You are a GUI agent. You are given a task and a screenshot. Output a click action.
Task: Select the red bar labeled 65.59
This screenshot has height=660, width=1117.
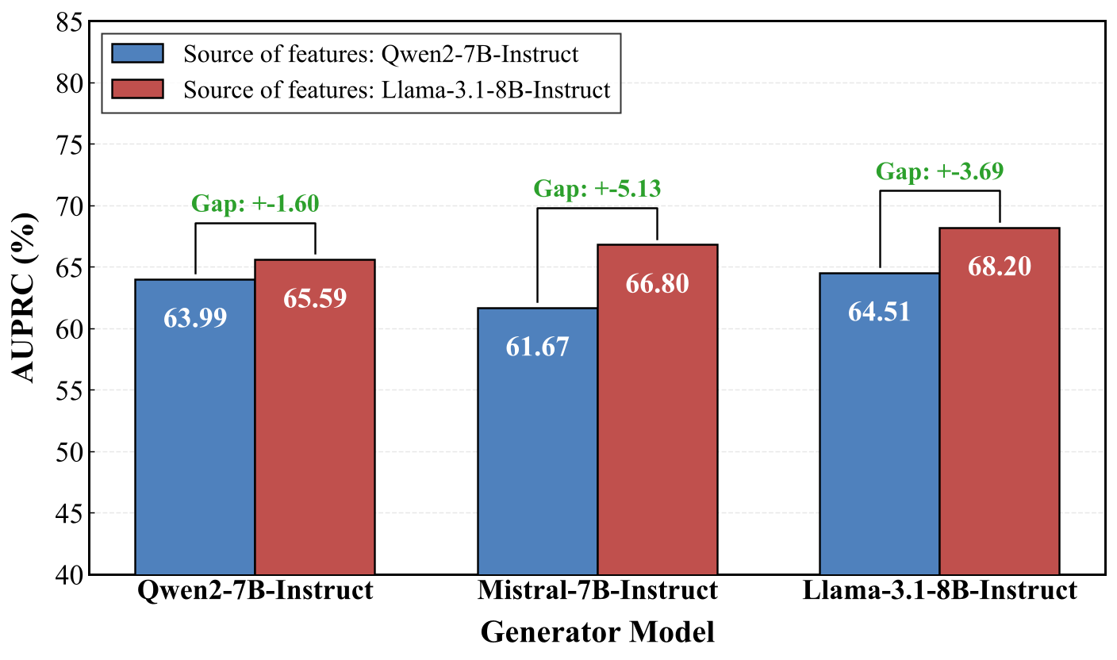[x=315, y=416]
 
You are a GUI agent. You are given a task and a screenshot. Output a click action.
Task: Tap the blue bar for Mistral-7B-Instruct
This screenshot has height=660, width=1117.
[x=537, y=441]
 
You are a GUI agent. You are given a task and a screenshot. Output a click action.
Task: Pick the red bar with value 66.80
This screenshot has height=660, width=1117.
[x=657, y=409]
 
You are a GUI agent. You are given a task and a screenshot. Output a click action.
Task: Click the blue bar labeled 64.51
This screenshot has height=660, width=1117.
[x=879, y=424]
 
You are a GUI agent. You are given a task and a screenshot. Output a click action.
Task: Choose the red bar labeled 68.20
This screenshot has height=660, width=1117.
[x=999, y=401]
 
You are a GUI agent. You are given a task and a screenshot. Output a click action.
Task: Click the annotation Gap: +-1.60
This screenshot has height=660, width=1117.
[x=255, y=204]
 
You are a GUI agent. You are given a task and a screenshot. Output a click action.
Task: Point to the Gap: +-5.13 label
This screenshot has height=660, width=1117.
[x=597, y=189]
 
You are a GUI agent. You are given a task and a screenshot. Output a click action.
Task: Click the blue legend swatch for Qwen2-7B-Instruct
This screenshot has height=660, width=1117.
[x=137, y=54]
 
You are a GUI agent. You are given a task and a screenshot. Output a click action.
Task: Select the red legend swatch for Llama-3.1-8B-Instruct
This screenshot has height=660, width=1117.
[x=137, y=89]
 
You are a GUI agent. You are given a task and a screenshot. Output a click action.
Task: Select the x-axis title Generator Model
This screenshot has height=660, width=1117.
[x=597, y=632]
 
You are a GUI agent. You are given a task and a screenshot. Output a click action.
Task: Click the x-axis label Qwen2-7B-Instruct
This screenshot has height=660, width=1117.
[x=255, y=592]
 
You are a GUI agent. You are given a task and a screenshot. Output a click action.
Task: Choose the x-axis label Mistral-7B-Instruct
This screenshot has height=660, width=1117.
[x=597, y=592]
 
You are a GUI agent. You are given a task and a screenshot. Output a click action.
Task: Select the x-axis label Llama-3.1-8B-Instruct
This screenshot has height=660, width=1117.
[x=939, y=592]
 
